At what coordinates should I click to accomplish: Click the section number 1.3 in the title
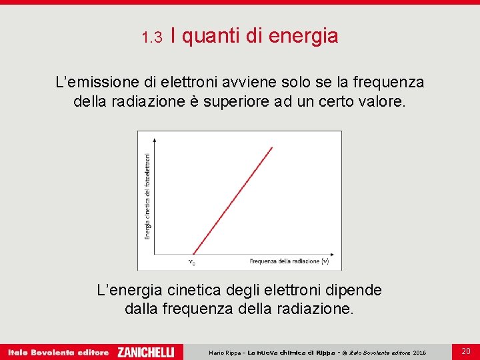click(x=152, y=37)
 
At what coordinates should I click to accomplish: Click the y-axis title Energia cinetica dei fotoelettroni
click(x=147, y=197)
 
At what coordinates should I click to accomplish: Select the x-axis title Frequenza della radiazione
click(x=289, y=261)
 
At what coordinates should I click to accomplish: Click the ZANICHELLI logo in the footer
click(x=145, y=351)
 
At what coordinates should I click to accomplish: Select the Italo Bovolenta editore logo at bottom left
click(x=58, y=352)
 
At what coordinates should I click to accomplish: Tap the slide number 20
click(x=466, y=351)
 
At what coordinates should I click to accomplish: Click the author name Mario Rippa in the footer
click(x=224, y=352)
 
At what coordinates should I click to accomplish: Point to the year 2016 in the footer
click(x=419, y=352)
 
